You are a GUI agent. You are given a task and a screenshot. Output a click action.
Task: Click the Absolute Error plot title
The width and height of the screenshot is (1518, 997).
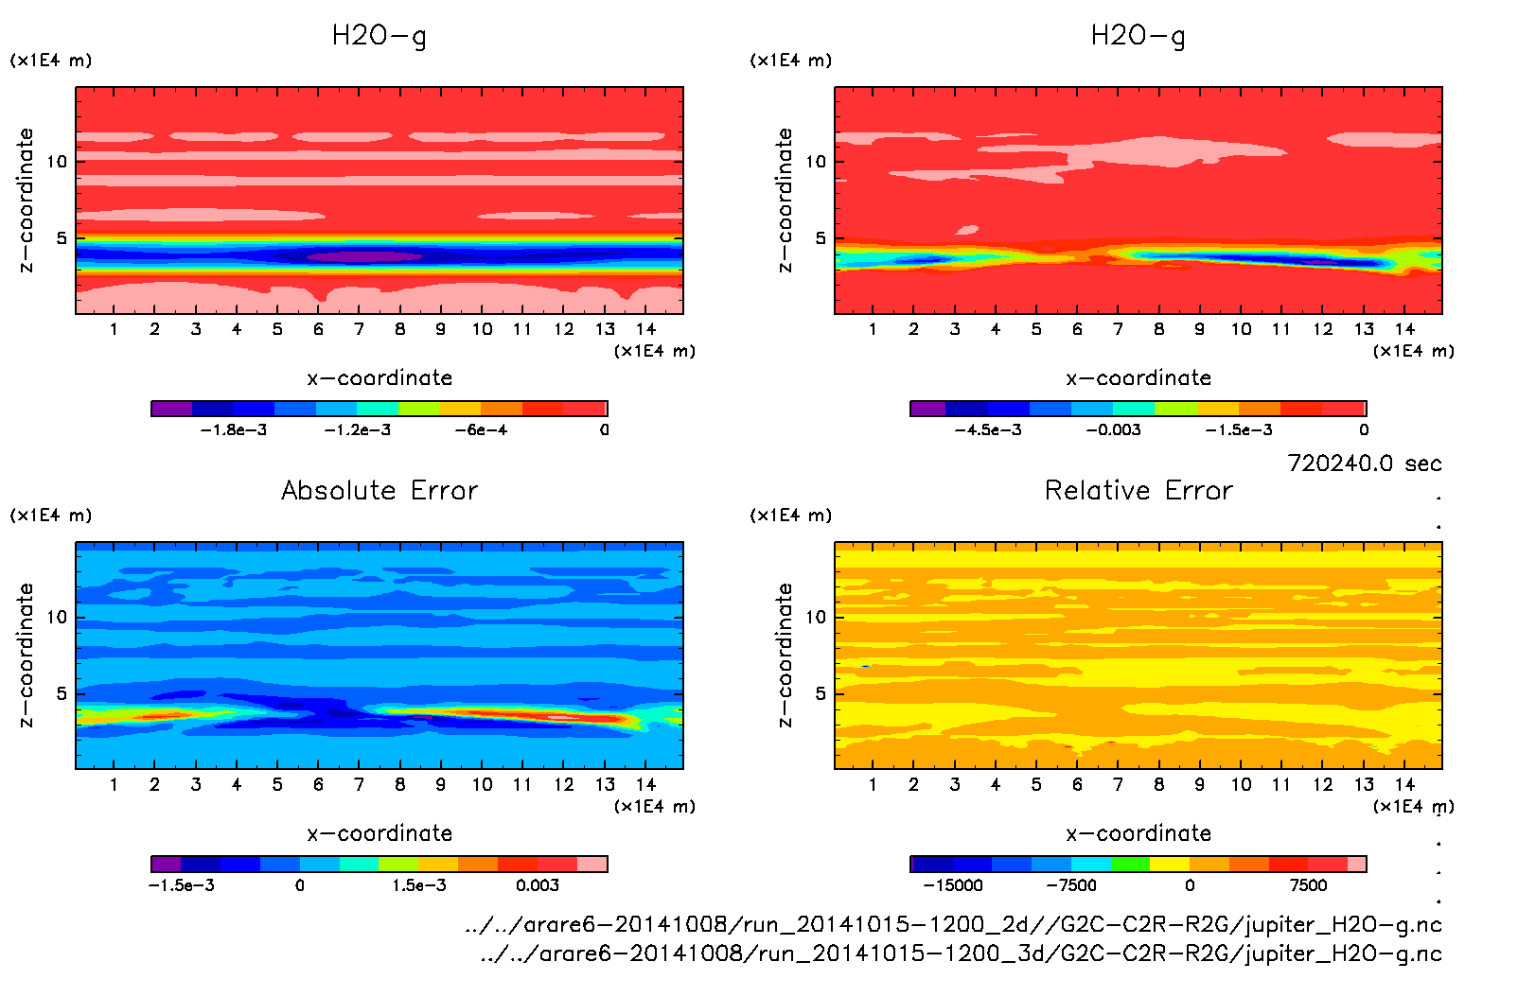pyautogui.click(x=379, y=490)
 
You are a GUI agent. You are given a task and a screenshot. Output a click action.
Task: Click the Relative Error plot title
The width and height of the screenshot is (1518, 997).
pyautogui.click(x=1138, y=490)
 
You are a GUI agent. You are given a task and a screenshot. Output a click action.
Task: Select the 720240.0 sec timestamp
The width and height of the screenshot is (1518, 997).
pyautogui.click(x=1364, y=464)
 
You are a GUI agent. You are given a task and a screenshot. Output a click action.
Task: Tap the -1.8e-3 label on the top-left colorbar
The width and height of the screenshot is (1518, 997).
pyautogui.click(x=234, y=430)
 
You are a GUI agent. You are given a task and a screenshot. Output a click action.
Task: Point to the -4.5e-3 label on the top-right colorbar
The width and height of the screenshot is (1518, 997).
pyautogui.click(x=988, y=430)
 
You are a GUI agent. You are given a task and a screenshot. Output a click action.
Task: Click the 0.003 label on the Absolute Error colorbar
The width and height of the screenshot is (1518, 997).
pyautogui.click(x=538, y=885)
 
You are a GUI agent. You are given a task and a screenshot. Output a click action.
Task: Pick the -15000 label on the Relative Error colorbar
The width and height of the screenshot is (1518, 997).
pyautogui.click(x=953, y=885)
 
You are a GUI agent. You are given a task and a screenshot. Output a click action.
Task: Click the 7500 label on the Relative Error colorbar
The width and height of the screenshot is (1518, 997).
pyautogui.click(x=1308, y=885)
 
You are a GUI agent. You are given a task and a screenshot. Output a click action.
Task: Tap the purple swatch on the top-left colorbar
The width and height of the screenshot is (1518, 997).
pyautogui.click(x=171, y=409)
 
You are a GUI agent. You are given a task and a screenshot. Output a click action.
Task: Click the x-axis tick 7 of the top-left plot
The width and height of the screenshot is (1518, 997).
pyautogui.click(x=359, y=329)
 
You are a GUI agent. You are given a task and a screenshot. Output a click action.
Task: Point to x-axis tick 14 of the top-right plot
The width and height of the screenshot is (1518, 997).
pyautogui.click(x=1404, y=329)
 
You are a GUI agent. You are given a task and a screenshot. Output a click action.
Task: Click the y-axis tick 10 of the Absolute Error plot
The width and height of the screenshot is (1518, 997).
pyautogui.click(x=57, y=617)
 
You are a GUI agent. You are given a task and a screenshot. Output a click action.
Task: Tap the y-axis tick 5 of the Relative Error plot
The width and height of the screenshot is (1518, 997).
pyautogui.click(x=820, y=693)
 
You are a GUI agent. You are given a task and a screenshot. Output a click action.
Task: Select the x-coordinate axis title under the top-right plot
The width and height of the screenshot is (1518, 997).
pyautogui.click(x=1138, y=378)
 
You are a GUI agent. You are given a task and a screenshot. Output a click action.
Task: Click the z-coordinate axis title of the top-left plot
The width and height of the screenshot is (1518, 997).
pyautogui.click(x=26, y=201)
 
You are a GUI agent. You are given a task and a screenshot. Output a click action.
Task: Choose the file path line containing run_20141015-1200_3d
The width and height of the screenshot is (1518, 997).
pyautogui.click(x=961, y=953)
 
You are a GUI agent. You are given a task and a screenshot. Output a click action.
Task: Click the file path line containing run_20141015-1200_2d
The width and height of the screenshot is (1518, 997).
pyautogui.click(x=953, y=924)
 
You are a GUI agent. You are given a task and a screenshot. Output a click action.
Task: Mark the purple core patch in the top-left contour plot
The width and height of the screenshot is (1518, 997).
pyautogui.click(x=364, y=256)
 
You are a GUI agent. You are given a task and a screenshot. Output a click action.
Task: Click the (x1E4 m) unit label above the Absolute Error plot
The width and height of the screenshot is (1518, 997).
pyautogui.click(x=51, y=516)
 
